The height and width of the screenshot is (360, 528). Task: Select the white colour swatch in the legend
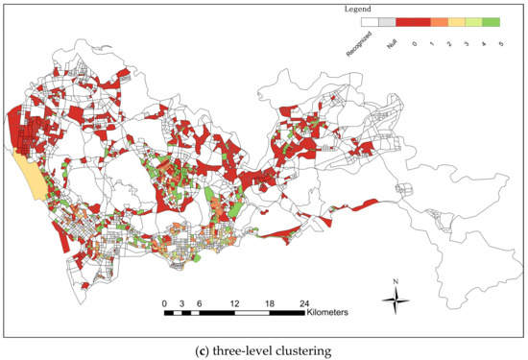tap(370, 19)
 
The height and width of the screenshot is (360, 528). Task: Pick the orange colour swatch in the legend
tap(440, 19)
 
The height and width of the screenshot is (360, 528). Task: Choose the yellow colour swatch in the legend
tap(457, 19)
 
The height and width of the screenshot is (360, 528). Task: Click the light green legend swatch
tap(474, 19)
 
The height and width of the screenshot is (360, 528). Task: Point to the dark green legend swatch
tap(492, 19)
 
